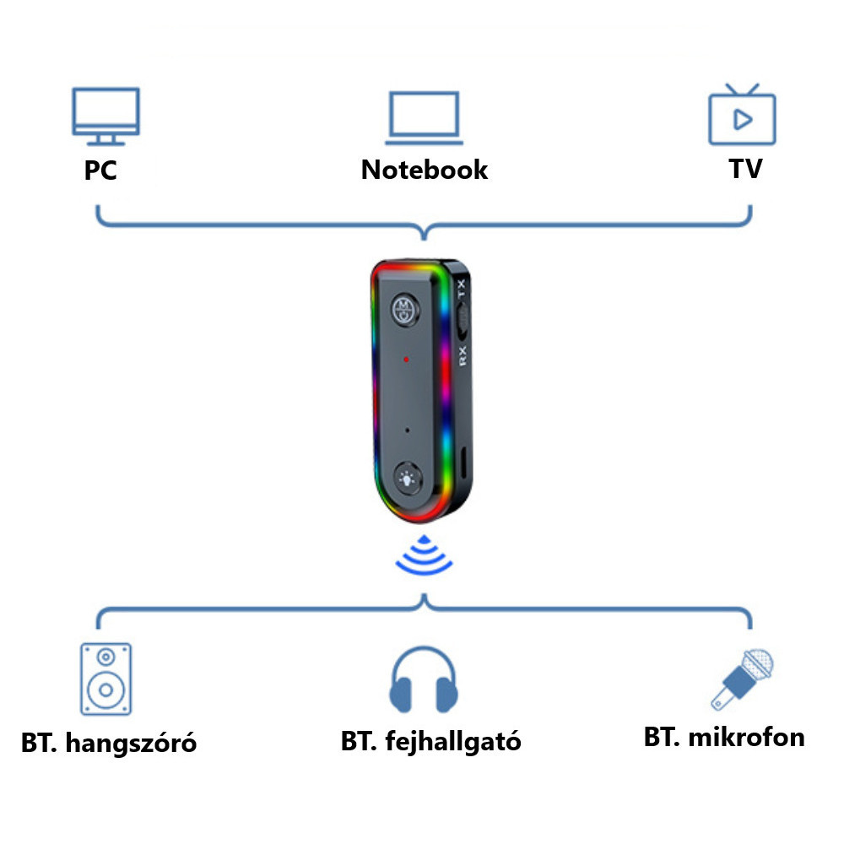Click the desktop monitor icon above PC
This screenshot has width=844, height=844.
pyautogui.click(x=106, y=116)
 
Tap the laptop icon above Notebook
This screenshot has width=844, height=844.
pyautogui.click(x=425, y=118)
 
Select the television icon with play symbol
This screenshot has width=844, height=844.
pyautogui.click(x=742, y=114)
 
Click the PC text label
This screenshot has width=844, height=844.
pyautogui.click(x=100, y=170)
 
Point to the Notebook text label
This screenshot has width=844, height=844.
pyautogui.click(x=425, y=170)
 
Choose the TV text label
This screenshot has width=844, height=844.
pyautogui.click(x=745, y=169)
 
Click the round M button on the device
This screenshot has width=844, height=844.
pyautogui.click(x=405, y=310)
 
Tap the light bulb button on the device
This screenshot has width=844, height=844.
pyautogui.click(x=408, y=478)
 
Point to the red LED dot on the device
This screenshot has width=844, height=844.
pyautogui.click(x=406, y=359)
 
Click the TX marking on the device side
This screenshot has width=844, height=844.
pyautogui.click(x=461, y=289)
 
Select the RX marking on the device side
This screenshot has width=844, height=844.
pyautogui.click(x=463, y=356)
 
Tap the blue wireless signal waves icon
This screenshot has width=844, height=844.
pyautogui.click(x=425, y=555)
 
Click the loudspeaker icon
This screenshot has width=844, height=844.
pyautogui.click(x=106, y=679)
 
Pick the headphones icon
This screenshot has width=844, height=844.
pyautogui.click(x=424, y=679)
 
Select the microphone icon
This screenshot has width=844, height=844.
pyautogui.click(x=742, y=679)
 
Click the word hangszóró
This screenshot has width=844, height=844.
pyautogui.click(x=131, y=744)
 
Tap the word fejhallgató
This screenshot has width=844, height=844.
pyautogui.click(x=453, y=742)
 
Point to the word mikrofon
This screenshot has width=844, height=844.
pyautogui.click(x=747, y=737)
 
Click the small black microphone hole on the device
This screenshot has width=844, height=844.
pyautogui.click(x=407, y=430)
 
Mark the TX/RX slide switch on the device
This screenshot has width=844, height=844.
pyautogui.click(x=463, y=322)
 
